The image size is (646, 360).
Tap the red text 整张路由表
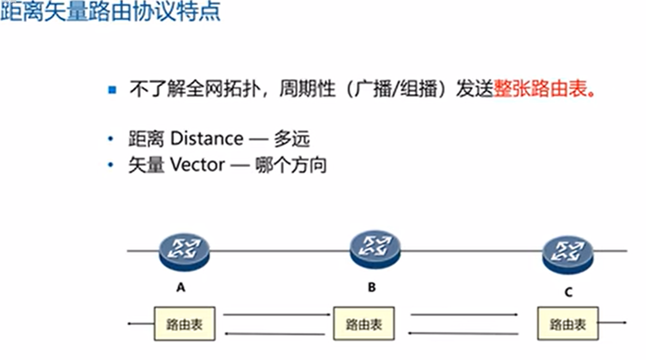pyautogui.click(x=540, y=90)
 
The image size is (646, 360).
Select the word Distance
pyautogui.click(x=206, y=138)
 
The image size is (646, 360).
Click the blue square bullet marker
pyautogui.click(x=112, y=90)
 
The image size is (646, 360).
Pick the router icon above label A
pyautogui.click(x=184, y=250)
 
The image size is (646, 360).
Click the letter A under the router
pyautogui.click(x=181, y=287)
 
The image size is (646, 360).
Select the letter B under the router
pyautogui.click(x=372, y=287)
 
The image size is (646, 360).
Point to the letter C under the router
pyautogui.click(x=568, y=292)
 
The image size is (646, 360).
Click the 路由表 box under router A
pyautogui.click(x=184, y=324)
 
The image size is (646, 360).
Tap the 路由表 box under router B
pyautogui.click(x=364, y=324)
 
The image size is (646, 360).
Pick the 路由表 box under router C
pyautogui.click(x=568, y=324)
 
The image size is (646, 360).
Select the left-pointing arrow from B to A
pyautogui.click(x=274, y=333)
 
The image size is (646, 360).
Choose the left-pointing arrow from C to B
pyautogui.click(x=463, y=333)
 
